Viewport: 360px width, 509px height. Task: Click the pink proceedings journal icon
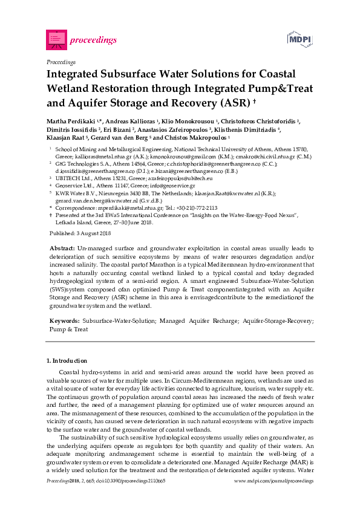[x=56, y=39]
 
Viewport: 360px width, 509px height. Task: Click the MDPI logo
[x=299, y=39]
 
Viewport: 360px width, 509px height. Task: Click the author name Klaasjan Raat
[x=67, y=138]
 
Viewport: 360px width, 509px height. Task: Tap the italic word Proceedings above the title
[x=61, y=62]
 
